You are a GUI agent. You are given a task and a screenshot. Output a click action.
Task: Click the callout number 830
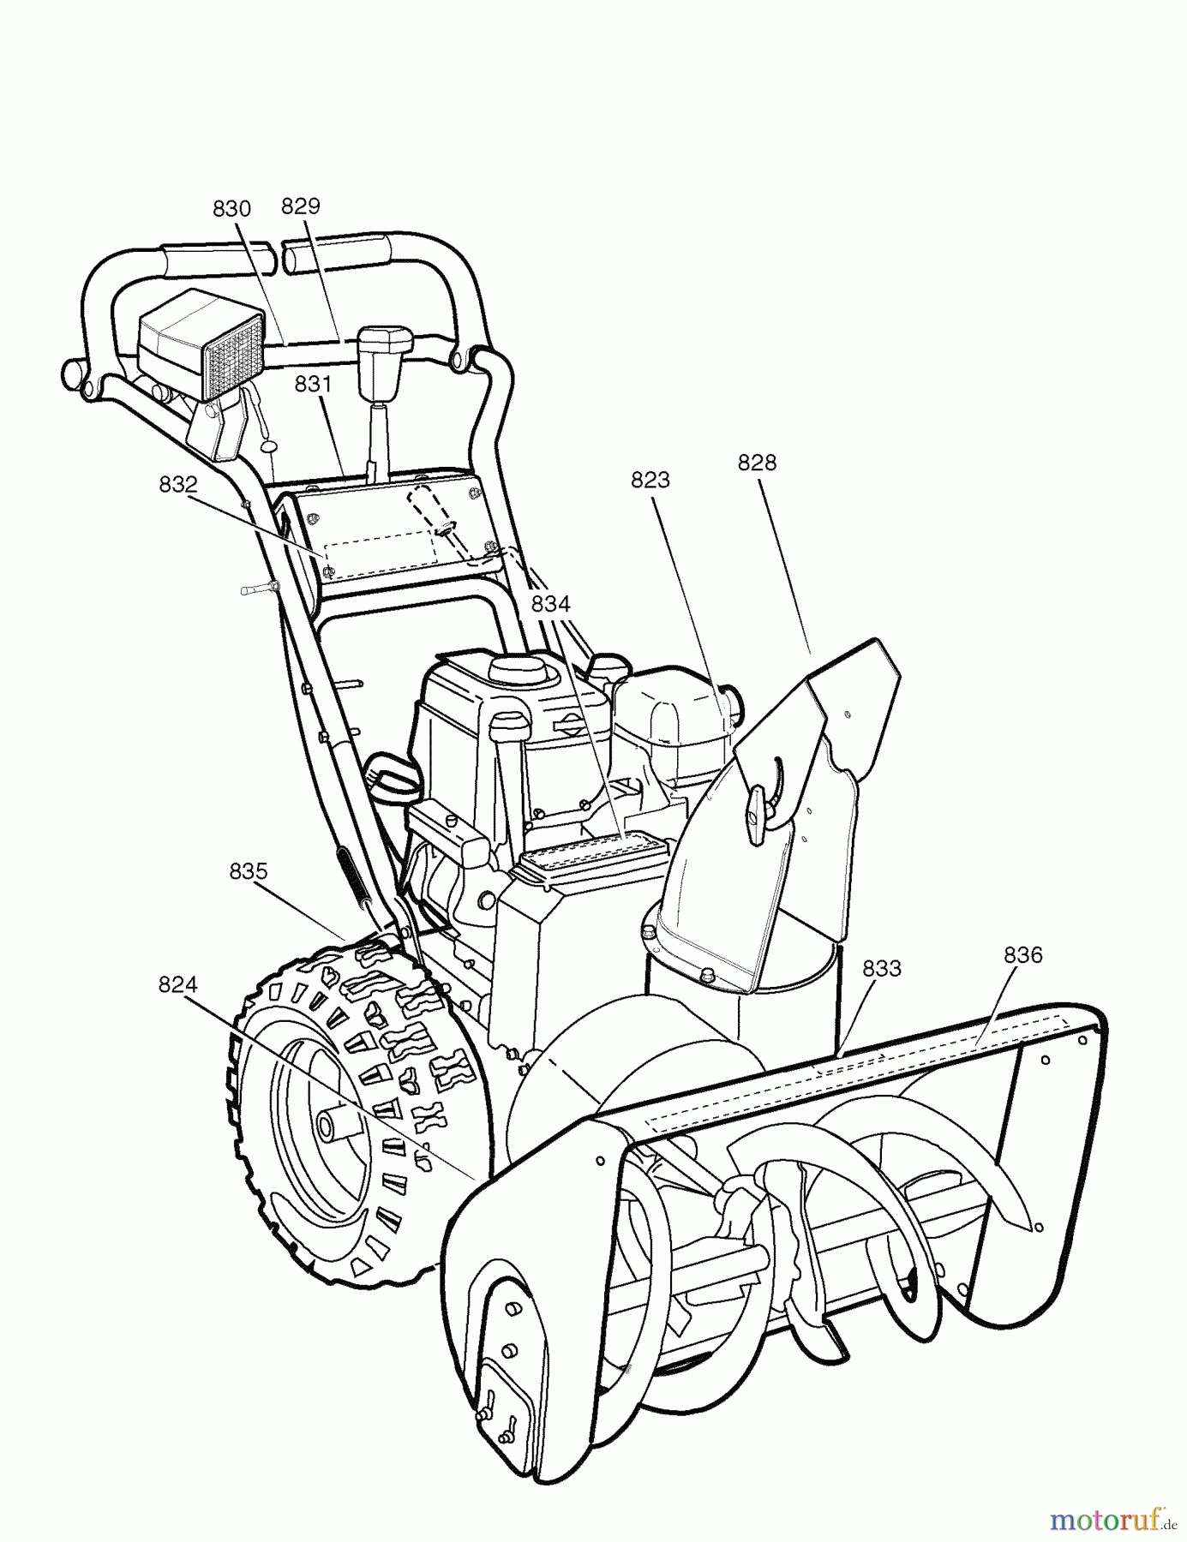click(x=231, y=208)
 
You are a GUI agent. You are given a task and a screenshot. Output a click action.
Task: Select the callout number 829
click(x=300, y=206)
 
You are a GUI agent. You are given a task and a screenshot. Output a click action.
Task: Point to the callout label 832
click(x=178, y=484)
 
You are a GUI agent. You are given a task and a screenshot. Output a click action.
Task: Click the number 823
click(x=650, y=480)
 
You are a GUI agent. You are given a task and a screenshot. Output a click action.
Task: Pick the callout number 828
click(x=757, y=463)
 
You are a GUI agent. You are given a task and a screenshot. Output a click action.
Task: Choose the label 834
click(x=550, y=603)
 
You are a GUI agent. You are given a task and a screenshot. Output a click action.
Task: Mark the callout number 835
click(x=249, y=871)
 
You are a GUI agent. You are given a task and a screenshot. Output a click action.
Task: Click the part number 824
click(x=177, y=985)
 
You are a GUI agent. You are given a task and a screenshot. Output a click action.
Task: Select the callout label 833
click(x=882, y=968)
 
